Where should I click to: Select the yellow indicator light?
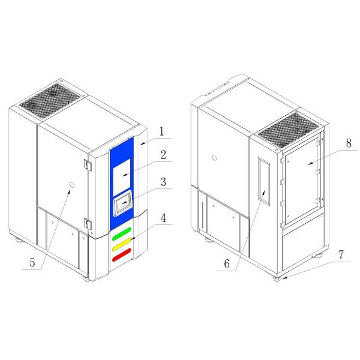click(x=121, y=245)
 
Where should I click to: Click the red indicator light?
click(x=121, y=257)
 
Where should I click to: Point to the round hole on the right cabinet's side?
click(x=214, y=159)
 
